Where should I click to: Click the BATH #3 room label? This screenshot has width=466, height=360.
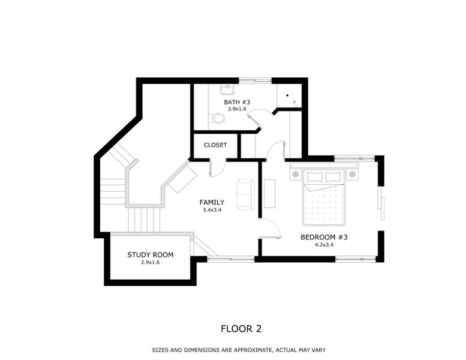pyautogui.click(x=237, y=102)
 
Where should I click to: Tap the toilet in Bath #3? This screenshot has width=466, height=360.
pyautogui.click(x=218, y=118)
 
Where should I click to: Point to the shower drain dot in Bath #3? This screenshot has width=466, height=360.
pyautogui.click(x=287, y=95)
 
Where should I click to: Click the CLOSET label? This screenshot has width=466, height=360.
pyautogui.click(x=215, y=145)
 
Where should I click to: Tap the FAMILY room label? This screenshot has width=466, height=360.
pyautogui.click(x=212, y=202)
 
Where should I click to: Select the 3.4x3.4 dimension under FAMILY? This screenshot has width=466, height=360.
pyautogui.click(x=212, y=210)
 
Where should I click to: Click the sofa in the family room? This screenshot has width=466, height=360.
pyautogui.click(x=245, y=194)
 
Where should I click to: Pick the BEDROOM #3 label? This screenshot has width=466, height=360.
pyautogui.click(x=324, y=237)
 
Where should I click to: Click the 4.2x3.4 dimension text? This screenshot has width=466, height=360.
pyautogui.click(x=324, y=245)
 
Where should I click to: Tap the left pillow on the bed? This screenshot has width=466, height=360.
pyautogui.click(x=315, y=176)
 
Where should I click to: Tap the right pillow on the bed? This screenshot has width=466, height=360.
pyautogui.click(x=333, y=176)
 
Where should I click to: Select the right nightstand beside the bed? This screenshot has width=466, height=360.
pyautogui.click(x=352, y=175)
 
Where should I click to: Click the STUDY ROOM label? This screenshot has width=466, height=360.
pyautogui.click(x=150, y=255)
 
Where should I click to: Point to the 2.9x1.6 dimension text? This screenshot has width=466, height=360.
pyautogui.click(x=150, y=263)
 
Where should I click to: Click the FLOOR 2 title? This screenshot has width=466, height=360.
pyautogui.click(x=241, y=328)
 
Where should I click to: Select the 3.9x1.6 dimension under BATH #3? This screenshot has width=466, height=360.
pyautogui.click(x=237, y=109)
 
